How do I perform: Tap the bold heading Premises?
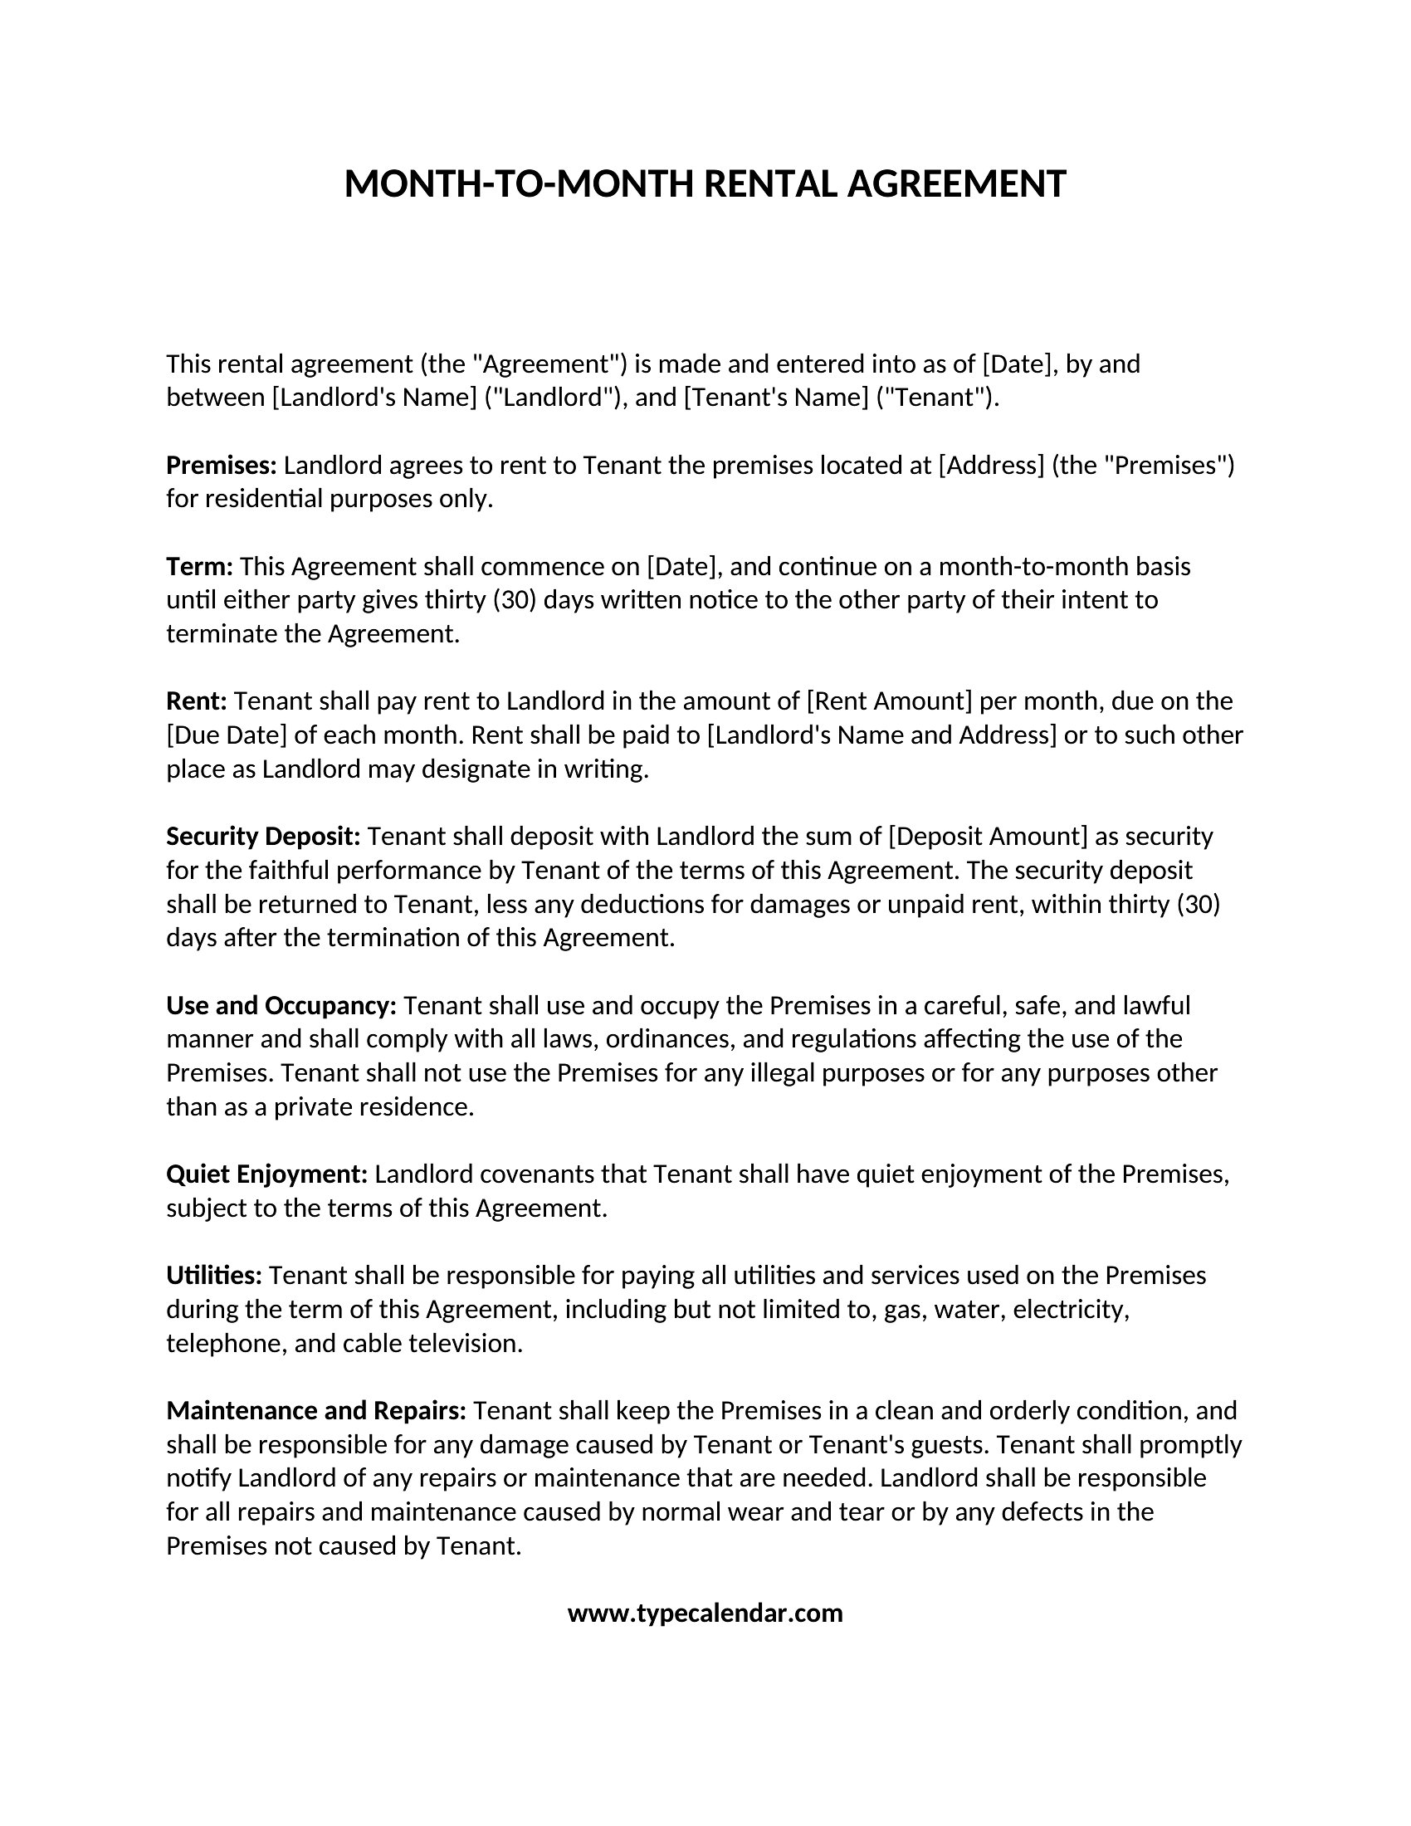point(222,465)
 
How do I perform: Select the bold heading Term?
point(199,566)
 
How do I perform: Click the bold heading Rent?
point(197,701)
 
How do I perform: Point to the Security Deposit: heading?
point(262,836)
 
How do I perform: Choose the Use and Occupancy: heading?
point(281,1005)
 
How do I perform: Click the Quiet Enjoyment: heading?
point(266,1174)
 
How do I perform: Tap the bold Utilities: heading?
point(214,1275)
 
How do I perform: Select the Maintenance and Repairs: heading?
point(316,1410)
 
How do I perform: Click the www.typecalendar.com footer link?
point(705,1613)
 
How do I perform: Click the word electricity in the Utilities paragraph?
point(1071,1309)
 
